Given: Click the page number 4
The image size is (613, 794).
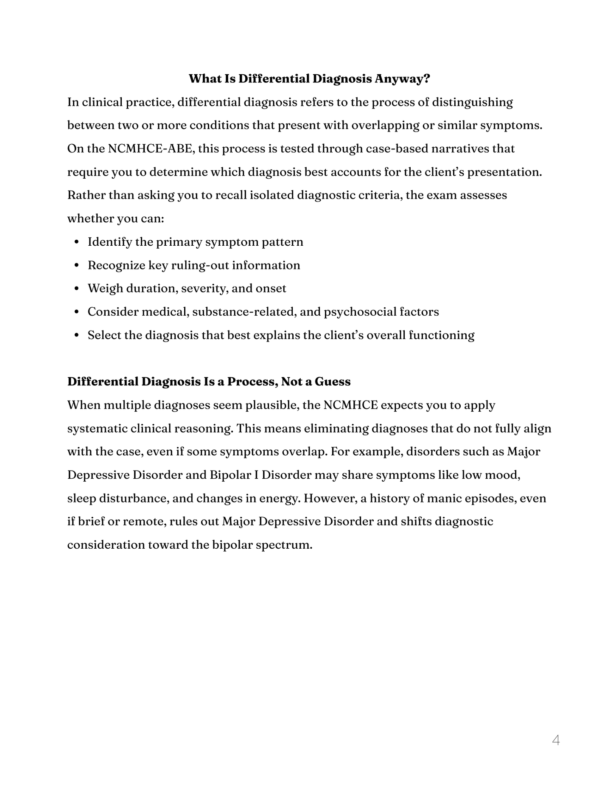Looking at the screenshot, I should pyautogui.click(x=556, y=741).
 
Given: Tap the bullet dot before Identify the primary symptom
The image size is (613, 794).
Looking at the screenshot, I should pyautogui.click(x=77, y=242).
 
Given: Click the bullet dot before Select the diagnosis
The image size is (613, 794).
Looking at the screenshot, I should pyautogui.click(x=77, y=336).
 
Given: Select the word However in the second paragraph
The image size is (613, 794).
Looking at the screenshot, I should pyautogui.click(x=330, y=498).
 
